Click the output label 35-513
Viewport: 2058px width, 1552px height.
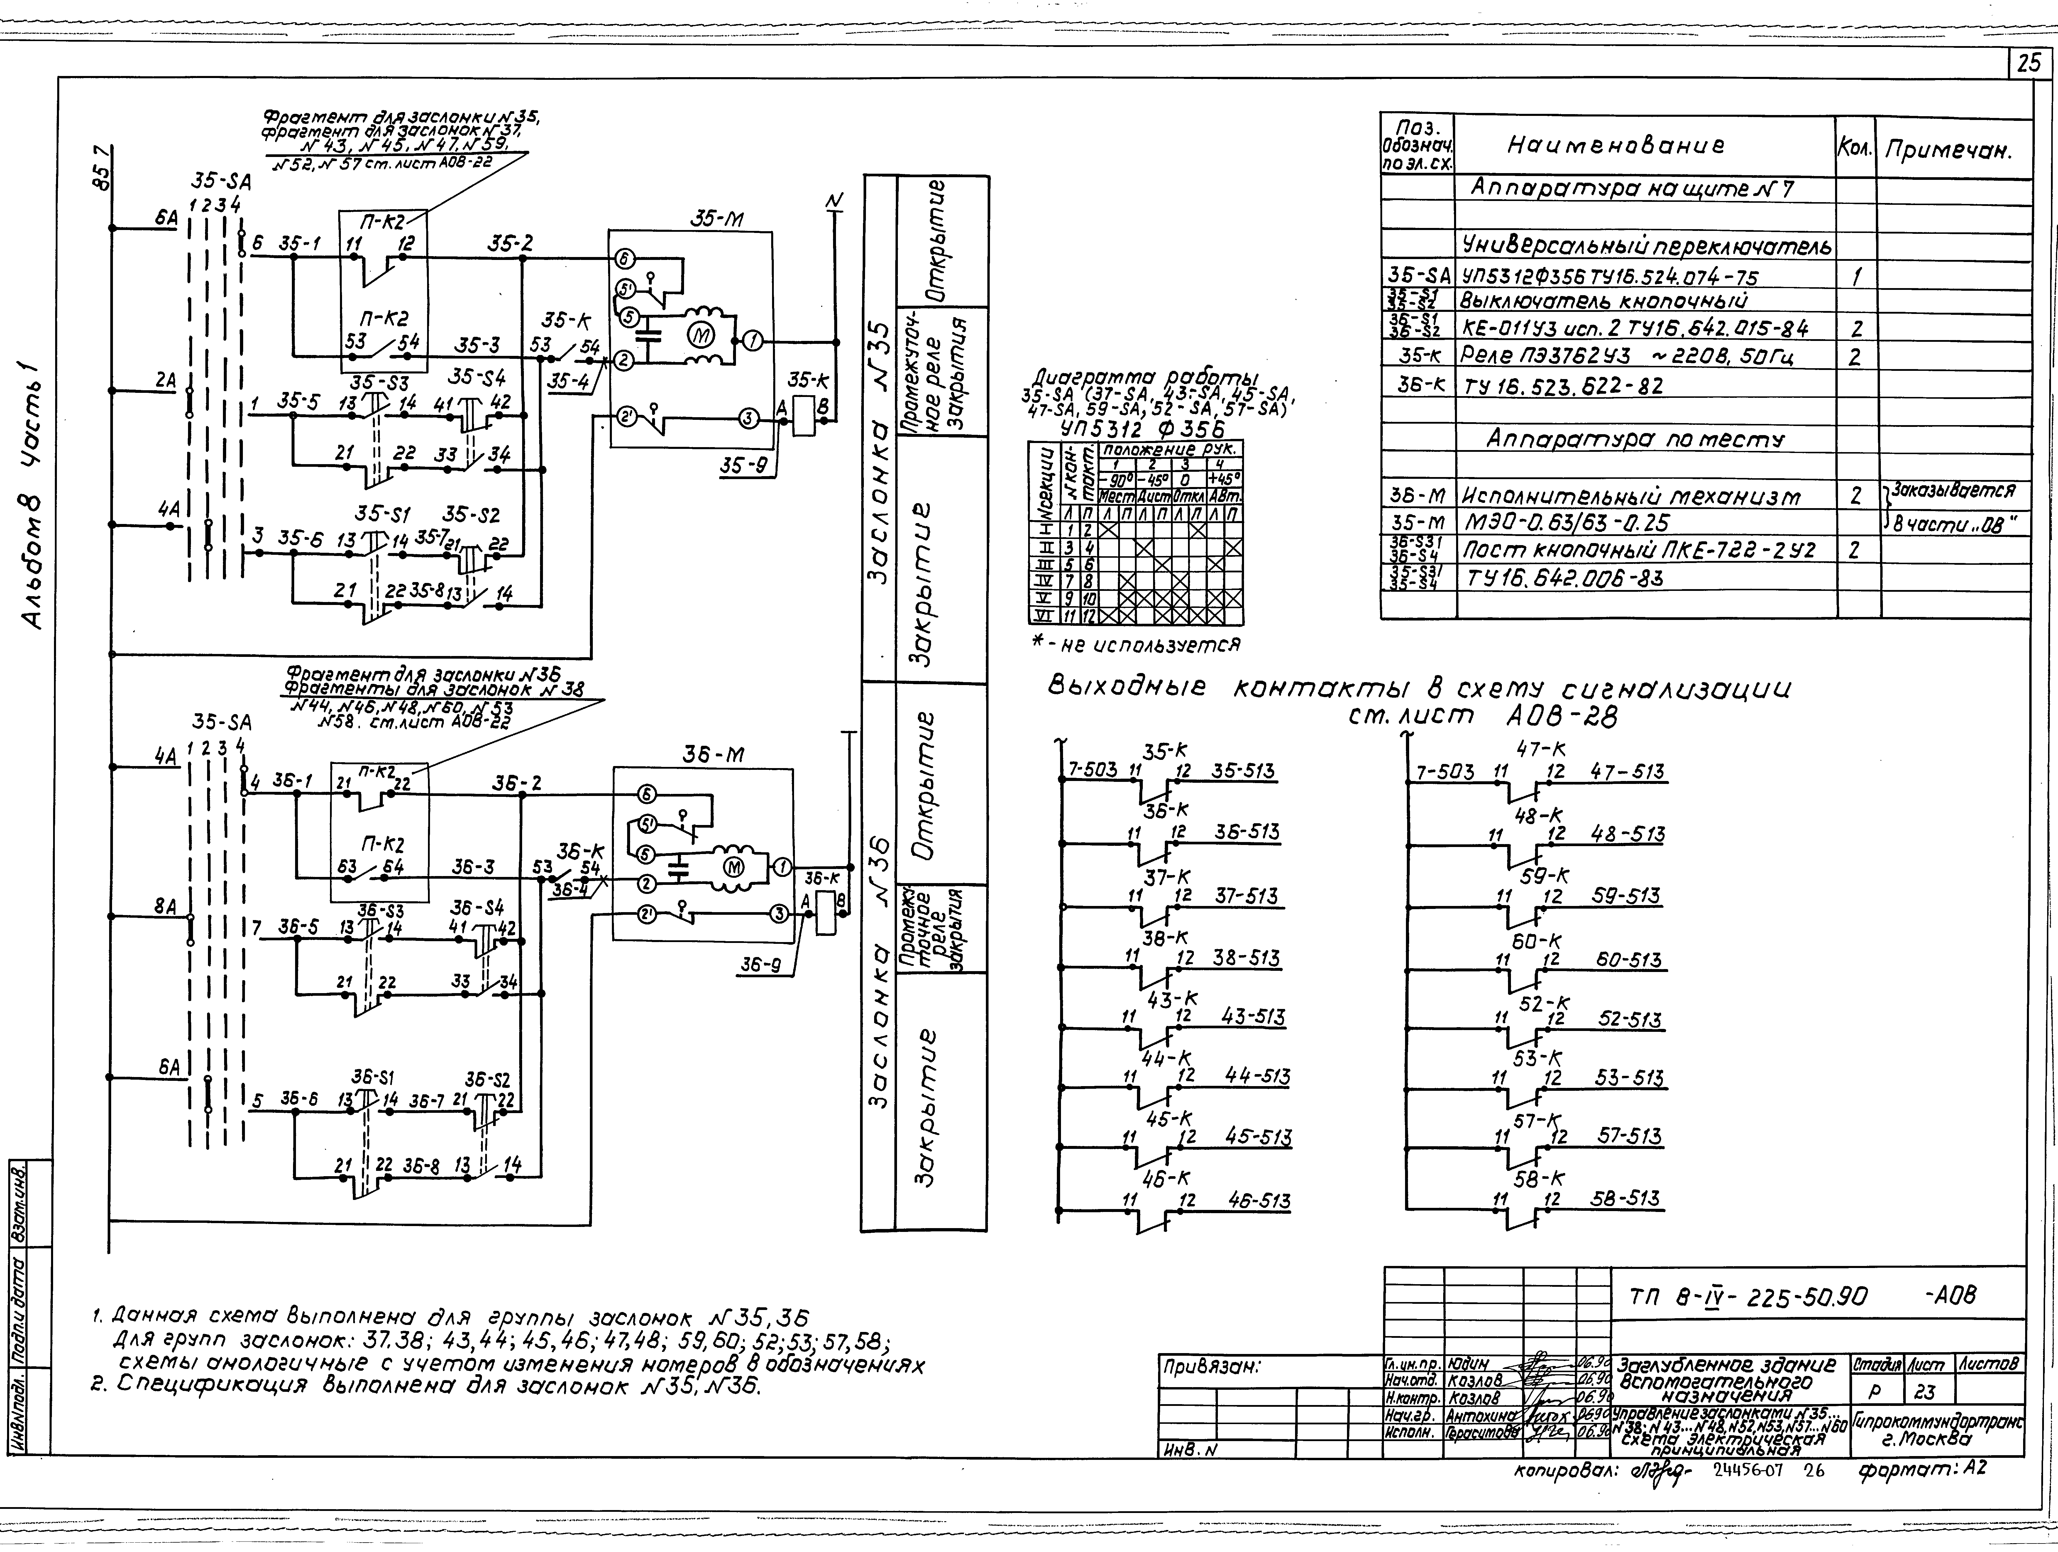1243,771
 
